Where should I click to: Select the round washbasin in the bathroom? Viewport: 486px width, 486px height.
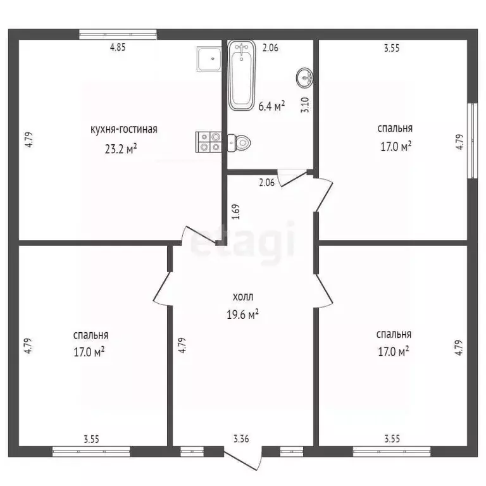[304, 78]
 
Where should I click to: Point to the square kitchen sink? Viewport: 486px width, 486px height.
[207, 60]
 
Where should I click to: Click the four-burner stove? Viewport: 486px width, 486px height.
[208, 141]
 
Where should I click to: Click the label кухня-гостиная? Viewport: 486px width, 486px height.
[124, 129]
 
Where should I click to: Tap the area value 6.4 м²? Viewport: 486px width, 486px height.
[271, 106]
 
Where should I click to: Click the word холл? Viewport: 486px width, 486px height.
[243, 296]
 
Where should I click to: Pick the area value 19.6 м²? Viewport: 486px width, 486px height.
[243, 314]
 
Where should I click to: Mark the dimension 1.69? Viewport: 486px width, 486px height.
[235, 210]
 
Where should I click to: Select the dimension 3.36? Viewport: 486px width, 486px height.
[241, 437]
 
